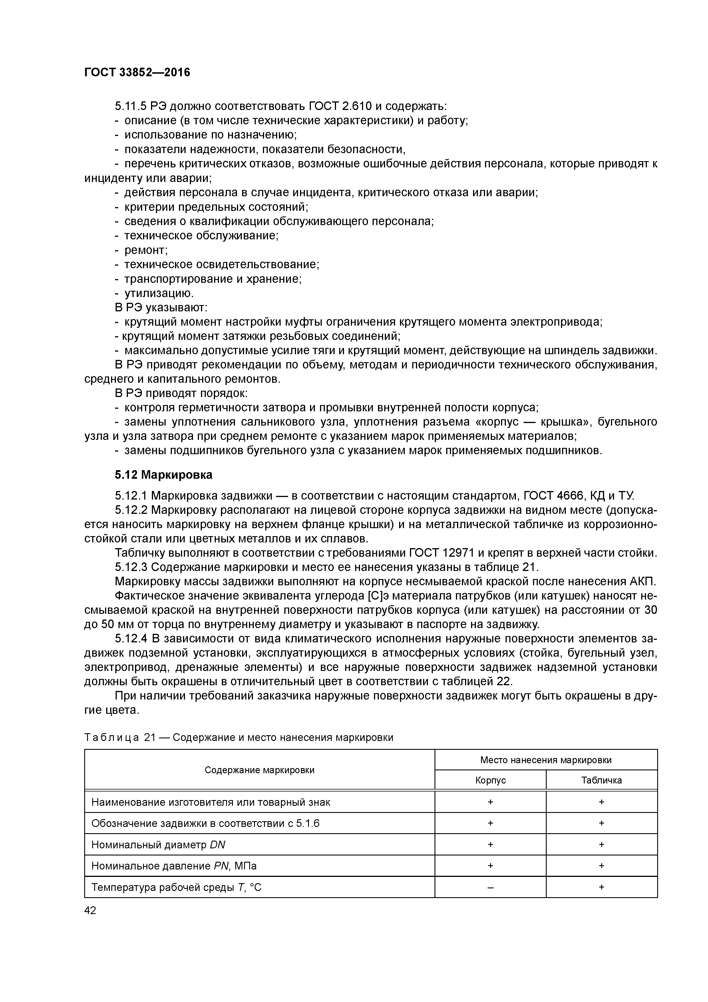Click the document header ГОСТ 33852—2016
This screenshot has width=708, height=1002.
click(137, 73)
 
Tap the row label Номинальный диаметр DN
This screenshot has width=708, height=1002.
click(158, 845)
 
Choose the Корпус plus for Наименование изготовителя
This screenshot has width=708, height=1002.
click(490, 802)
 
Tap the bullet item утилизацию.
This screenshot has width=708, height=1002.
click(159, 293)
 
